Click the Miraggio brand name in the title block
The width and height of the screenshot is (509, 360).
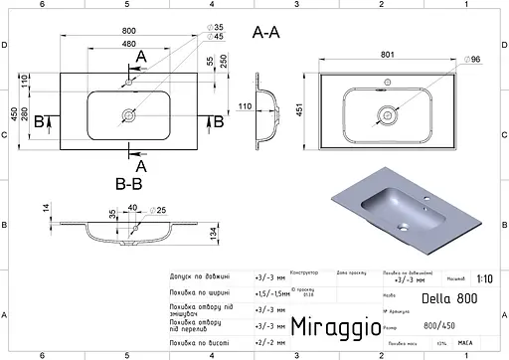[x=334, y=326]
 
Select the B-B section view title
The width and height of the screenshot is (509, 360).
[x=131, y=182]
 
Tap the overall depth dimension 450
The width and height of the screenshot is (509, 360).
[x=13, y=115]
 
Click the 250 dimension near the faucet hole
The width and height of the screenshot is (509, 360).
[x=224, y=61]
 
